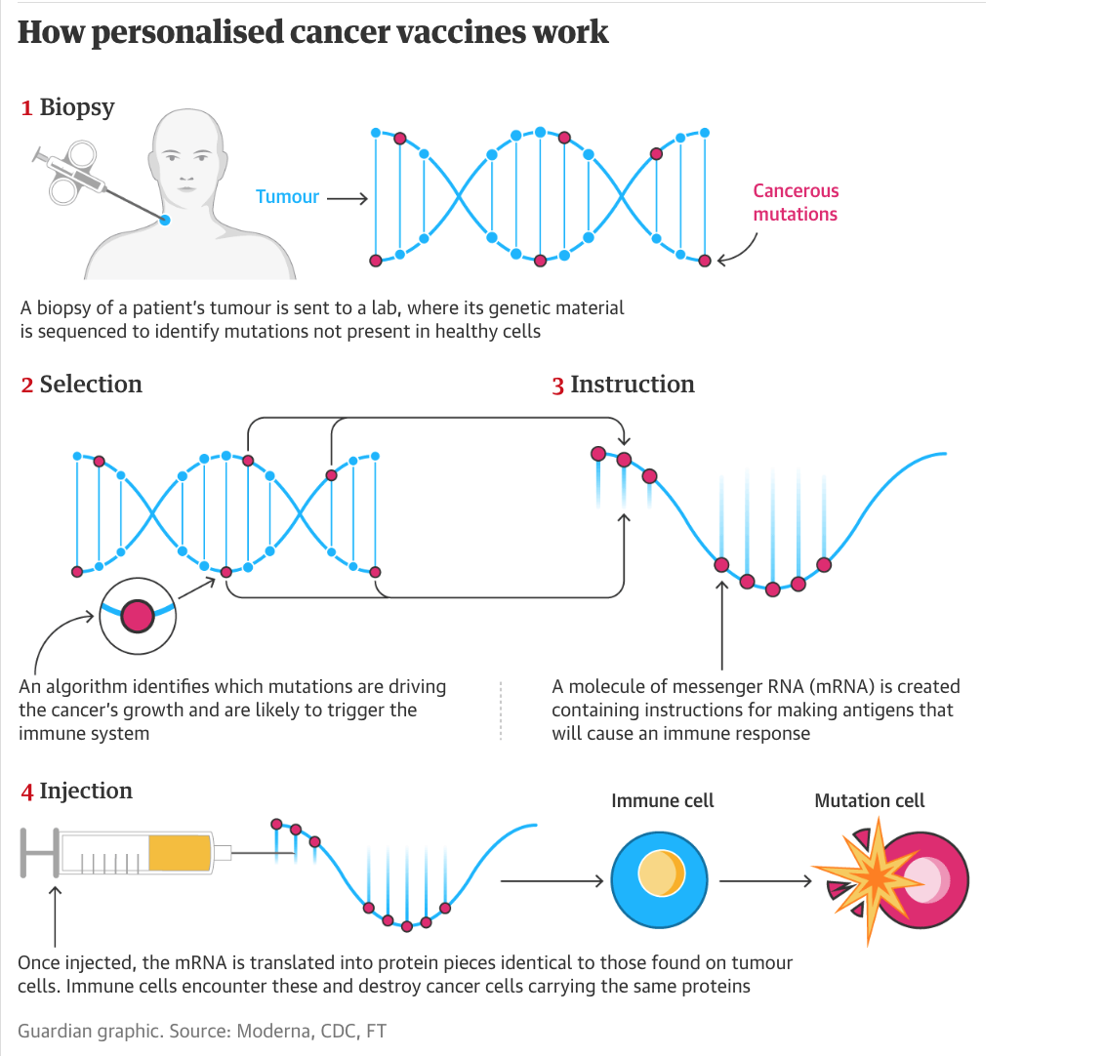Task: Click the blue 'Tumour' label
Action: coord(287,197)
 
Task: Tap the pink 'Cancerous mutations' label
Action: coord(795,203)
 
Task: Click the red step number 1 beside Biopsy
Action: coord(27,108)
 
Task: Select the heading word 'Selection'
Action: coord(91,385)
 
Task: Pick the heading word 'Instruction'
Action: coord(633,385)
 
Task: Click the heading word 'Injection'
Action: coord(86,792)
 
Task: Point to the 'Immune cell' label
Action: coord(662,801)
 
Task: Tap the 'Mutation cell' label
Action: coord(869,801)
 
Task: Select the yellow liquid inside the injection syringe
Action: coord(180,852)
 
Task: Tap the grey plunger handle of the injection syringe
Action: coord(29,852)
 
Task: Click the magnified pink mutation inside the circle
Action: coord(138,616)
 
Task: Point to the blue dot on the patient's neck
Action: coord(165,220)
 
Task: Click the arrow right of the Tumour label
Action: coord(347,198)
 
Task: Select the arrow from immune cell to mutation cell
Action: coord(765,881)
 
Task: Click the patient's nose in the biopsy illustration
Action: coord(186,166)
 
